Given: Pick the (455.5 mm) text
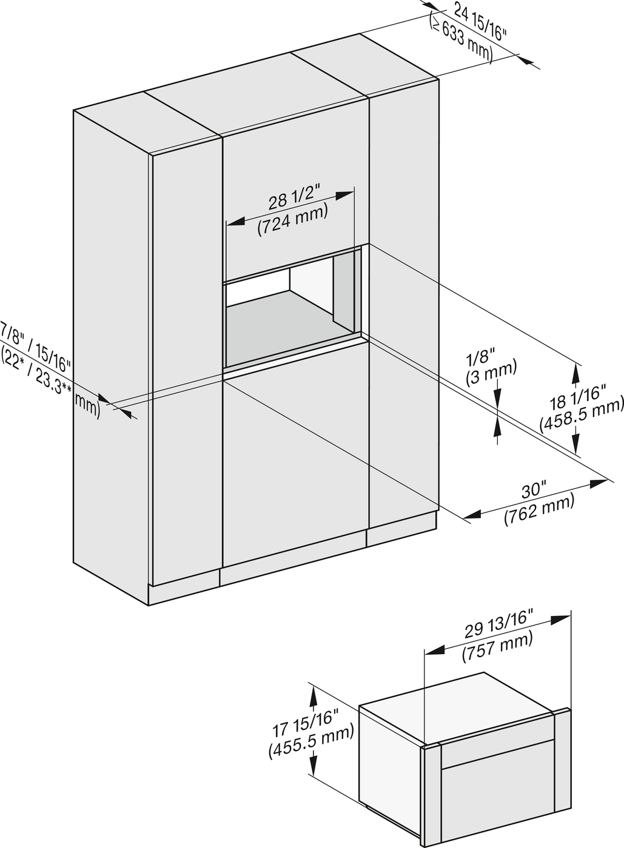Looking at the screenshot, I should (310, 742).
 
